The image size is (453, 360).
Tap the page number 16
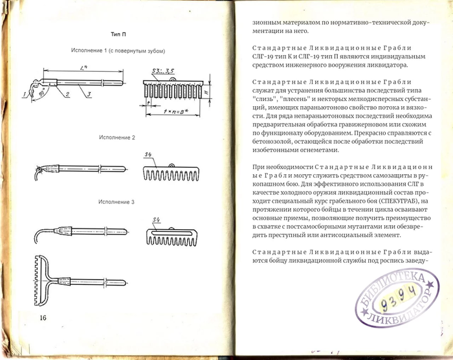(43, 317)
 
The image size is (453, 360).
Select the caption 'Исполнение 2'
(117, 138)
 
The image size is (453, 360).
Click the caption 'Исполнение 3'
(117, 203)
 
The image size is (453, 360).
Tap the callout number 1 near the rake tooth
(23, 96)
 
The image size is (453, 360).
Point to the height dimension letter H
(205, 93)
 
